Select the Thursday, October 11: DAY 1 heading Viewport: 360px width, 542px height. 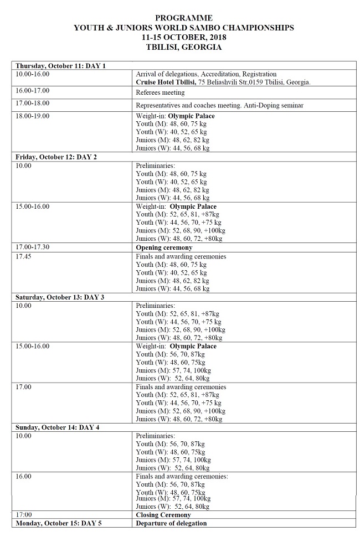(61, 66)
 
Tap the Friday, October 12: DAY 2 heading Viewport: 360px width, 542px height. (56, 157)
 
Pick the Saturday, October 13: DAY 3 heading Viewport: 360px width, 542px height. (60, 297)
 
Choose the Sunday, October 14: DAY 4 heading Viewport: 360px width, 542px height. (58, 427)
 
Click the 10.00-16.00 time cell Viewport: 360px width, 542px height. (33, 74)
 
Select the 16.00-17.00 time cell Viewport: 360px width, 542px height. (33, 90)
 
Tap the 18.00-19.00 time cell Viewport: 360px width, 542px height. (33, 116)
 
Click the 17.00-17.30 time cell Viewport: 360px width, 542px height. (33, 247)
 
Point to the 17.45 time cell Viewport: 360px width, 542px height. (25, 256)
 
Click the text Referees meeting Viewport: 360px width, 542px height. (161, 92)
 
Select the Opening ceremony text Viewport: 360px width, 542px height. (164, 247)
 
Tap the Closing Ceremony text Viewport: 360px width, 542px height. (163, 515)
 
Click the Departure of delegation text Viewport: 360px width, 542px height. (171, 523)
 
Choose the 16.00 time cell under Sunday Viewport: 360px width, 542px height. (24, 476)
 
